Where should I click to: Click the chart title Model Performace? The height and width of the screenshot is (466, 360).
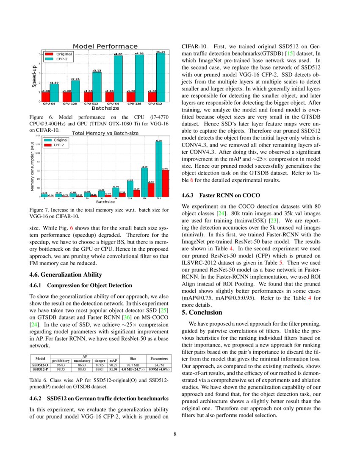(105, 46)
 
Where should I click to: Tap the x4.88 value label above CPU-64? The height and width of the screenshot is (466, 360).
(118, 54)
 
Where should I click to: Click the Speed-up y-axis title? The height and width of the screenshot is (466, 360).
(33, 76)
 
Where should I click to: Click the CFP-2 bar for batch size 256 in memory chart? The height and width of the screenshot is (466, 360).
(151, 189)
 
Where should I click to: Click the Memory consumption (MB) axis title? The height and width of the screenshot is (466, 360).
(33, 166)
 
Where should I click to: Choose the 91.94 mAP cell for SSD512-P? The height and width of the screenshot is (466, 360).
(114, 369)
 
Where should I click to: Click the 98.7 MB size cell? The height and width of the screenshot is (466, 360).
(133, 364)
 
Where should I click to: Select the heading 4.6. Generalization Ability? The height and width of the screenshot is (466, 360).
(65, 275)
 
